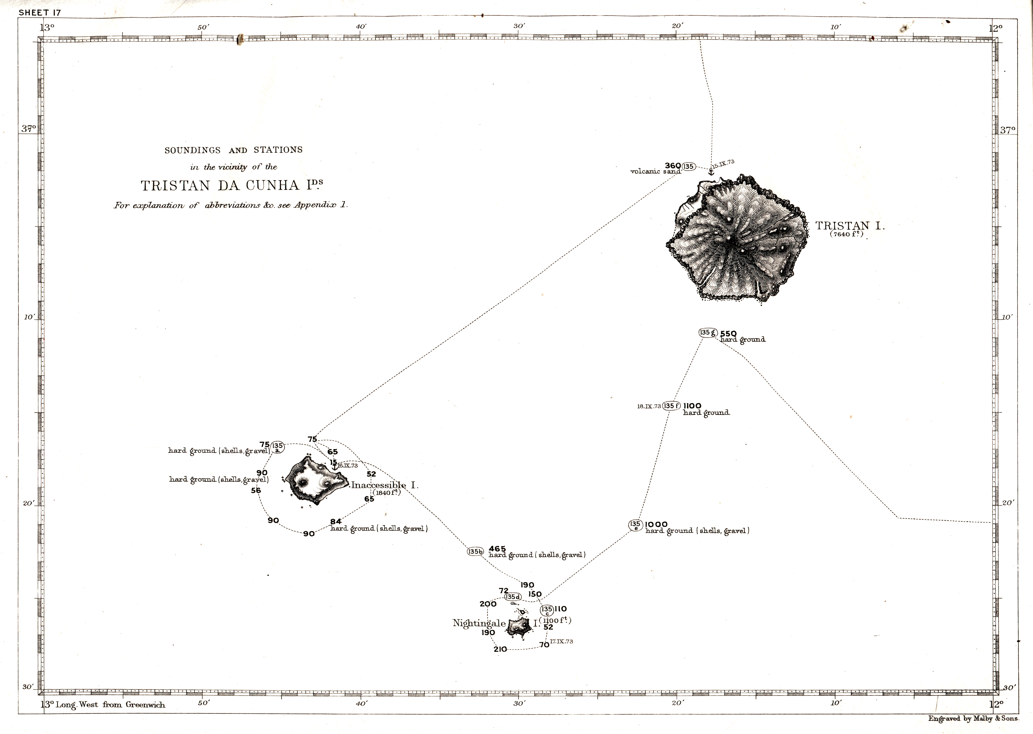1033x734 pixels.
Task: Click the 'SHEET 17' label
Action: (40, 13)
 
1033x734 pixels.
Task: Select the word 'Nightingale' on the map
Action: (479, 623)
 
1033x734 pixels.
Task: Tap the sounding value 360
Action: (673, 165)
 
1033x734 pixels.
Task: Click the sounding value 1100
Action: (692, 406)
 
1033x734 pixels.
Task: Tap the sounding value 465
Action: (497, 549)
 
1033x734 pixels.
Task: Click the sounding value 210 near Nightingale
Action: (500, 649)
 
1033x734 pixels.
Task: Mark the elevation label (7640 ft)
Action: (846, 234)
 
